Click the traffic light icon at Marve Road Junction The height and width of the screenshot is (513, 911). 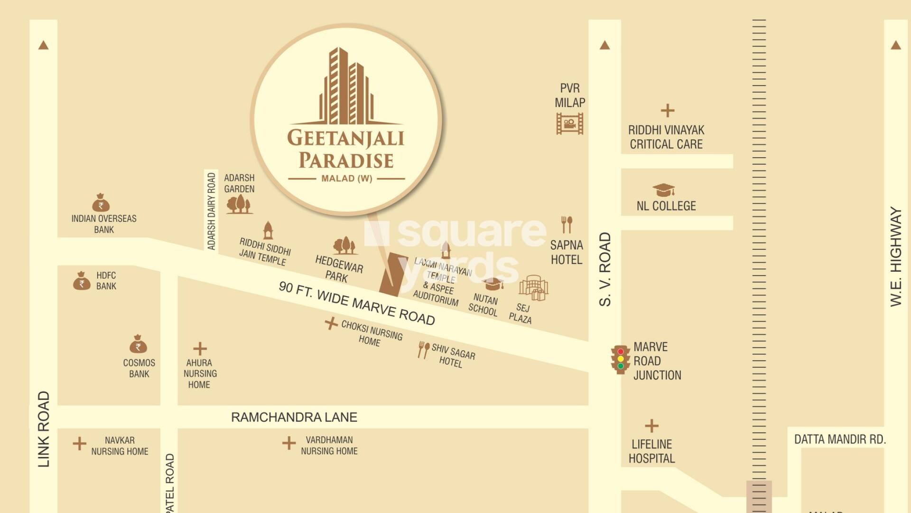[620, 360]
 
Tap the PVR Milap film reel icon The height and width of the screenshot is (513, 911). [569, 124]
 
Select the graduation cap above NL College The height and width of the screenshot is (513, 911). [663, 190]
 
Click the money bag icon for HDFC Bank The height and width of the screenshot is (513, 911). [82, 281]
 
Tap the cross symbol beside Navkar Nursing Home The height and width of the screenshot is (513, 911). [79, 444]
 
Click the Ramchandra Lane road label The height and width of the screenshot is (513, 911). [294, 417]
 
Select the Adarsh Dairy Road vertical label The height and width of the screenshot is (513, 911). [212, 211]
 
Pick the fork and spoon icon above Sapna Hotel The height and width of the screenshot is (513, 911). [567, 225]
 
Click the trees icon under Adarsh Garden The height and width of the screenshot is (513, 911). [239, 204]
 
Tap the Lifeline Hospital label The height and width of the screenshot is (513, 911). [651, 451]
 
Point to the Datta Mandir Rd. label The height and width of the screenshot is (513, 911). [840, 439]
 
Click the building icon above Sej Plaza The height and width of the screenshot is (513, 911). [533, 287]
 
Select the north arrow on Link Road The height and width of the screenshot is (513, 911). [43, 45]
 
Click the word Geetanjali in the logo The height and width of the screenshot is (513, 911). [345, 138]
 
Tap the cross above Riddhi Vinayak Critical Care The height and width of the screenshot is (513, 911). [667, 111]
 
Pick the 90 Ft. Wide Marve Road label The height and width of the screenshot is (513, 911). [357, 303]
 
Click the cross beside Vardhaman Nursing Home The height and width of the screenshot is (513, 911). [288, 443]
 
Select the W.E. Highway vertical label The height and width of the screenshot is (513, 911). [895, 256]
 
